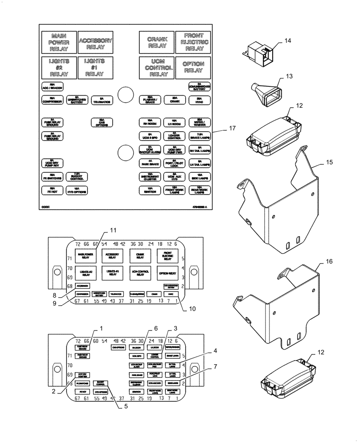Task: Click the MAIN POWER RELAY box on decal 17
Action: [59, 43]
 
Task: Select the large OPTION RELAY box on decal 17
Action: [193, 67]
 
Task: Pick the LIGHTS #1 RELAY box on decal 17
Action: [94, 67]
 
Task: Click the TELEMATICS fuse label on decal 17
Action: [101, 101]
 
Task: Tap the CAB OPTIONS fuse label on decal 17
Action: [101, 122]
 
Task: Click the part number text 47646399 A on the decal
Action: [202, 206]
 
